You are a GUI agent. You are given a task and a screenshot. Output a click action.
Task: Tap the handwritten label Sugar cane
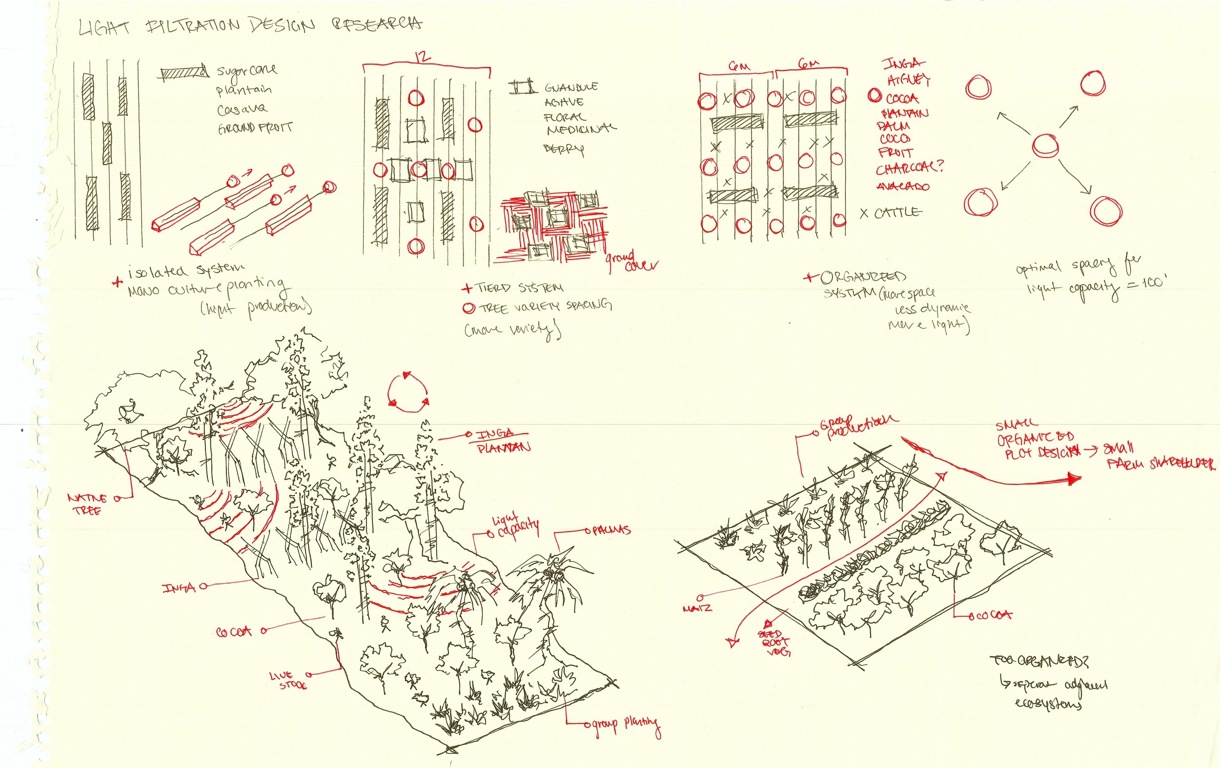(247, 70)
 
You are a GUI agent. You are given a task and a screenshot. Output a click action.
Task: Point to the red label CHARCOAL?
(910, 168)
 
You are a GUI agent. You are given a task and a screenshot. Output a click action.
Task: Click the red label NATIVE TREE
(87, 504)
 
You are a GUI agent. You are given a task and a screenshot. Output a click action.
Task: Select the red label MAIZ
(697, 607)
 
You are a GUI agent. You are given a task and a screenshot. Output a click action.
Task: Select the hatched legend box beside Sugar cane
(183, 74)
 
